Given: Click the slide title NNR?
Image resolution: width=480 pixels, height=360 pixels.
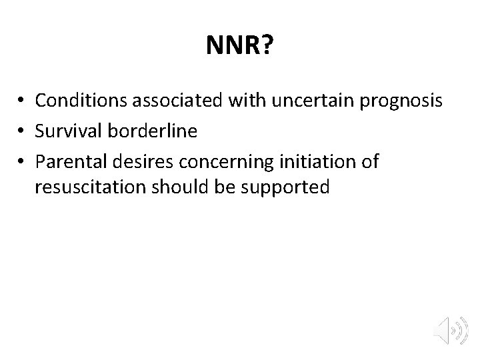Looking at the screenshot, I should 239,47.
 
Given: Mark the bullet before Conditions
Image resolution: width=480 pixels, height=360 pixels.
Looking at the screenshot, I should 22,101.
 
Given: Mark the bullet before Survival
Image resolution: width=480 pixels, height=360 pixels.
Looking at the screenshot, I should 22,131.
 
